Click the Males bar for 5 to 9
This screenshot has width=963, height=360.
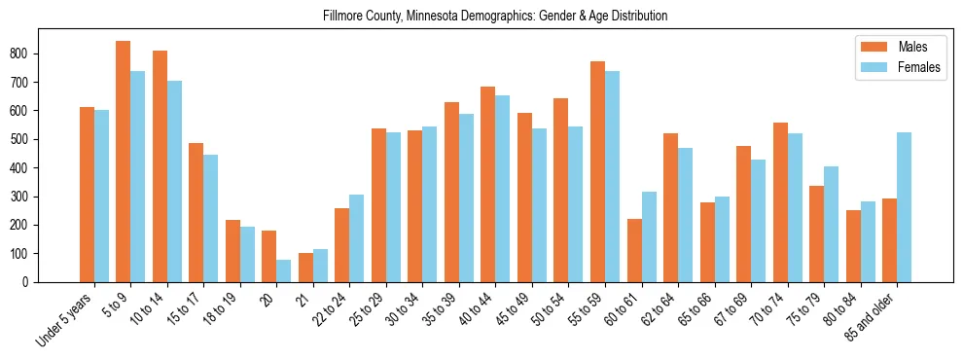click(x=124, y=162)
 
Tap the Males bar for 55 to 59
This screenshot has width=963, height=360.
click(x=597, y=172)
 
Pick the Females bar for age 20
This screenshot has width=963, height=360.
click(x=283, y=270)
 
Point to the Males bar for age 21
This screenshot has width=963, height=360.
click(x=305, y=268)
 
